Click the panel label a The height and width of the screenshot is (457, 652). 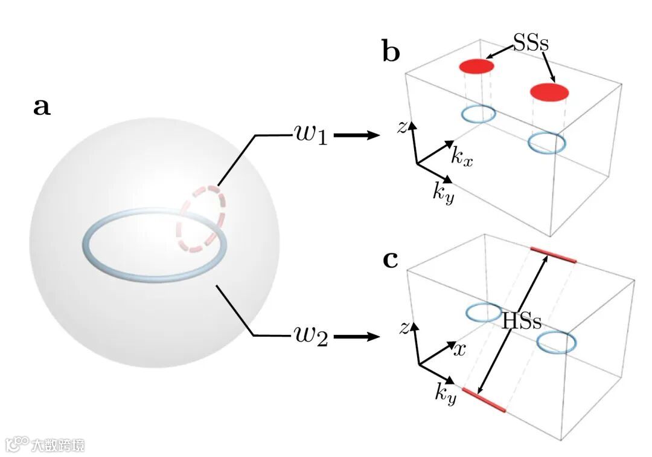[x=42, y=107]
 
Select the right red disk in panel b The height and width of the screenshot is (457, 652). [x=549, y=92]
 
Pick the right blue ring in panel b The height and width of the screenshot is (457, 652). [x=547, y=143]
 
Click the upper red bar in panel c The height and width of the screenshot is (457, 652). [x=553, y=255]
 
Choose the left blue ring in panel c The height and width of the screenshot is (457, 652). [x=484, y=313]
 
